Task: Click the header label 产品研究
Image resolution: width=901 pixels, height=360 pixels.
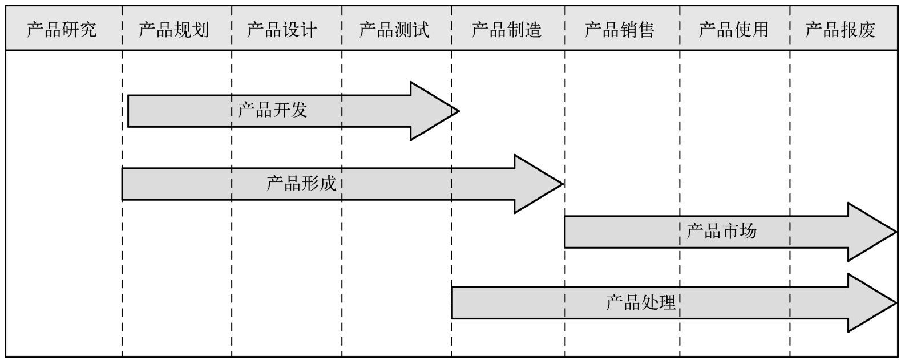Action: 62,29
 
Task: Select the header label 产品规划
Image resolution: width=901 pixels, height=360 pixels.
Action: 173,29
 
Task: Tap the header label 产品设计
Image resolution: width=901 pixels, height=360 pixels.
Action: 282,29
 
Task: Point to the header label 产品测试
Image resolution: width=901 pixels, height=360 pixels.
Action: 394,29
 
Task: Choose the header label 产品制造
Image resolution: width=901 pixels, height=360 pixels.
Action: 506,29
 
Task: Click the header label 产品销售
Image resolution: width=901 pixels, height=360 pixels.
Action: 619,29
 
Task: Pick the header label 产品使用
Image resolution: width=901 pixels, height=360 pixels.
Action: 733,29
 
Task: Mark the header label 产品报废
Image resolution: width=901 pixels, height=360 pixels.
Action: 840,29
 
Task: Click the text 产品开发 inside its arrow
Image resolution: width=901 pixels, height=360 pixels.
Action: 272,109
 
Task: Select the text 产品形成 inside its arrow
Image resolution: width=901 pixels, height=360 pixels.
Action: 301,184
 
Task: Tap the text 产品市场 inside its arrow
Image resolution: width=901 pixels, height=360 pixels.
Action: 721,231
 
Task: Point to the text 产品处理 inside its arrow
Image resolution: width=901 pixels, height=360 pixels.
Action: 640,302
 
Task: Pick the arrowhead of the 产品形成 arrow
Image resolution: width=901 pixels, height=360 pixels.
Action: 537,184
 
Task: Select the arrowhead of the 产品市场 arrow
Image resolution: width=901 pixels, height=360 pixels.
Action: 870,232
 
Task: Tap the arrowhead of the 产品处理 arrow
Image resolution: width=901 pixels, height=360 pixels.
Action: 870,302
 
